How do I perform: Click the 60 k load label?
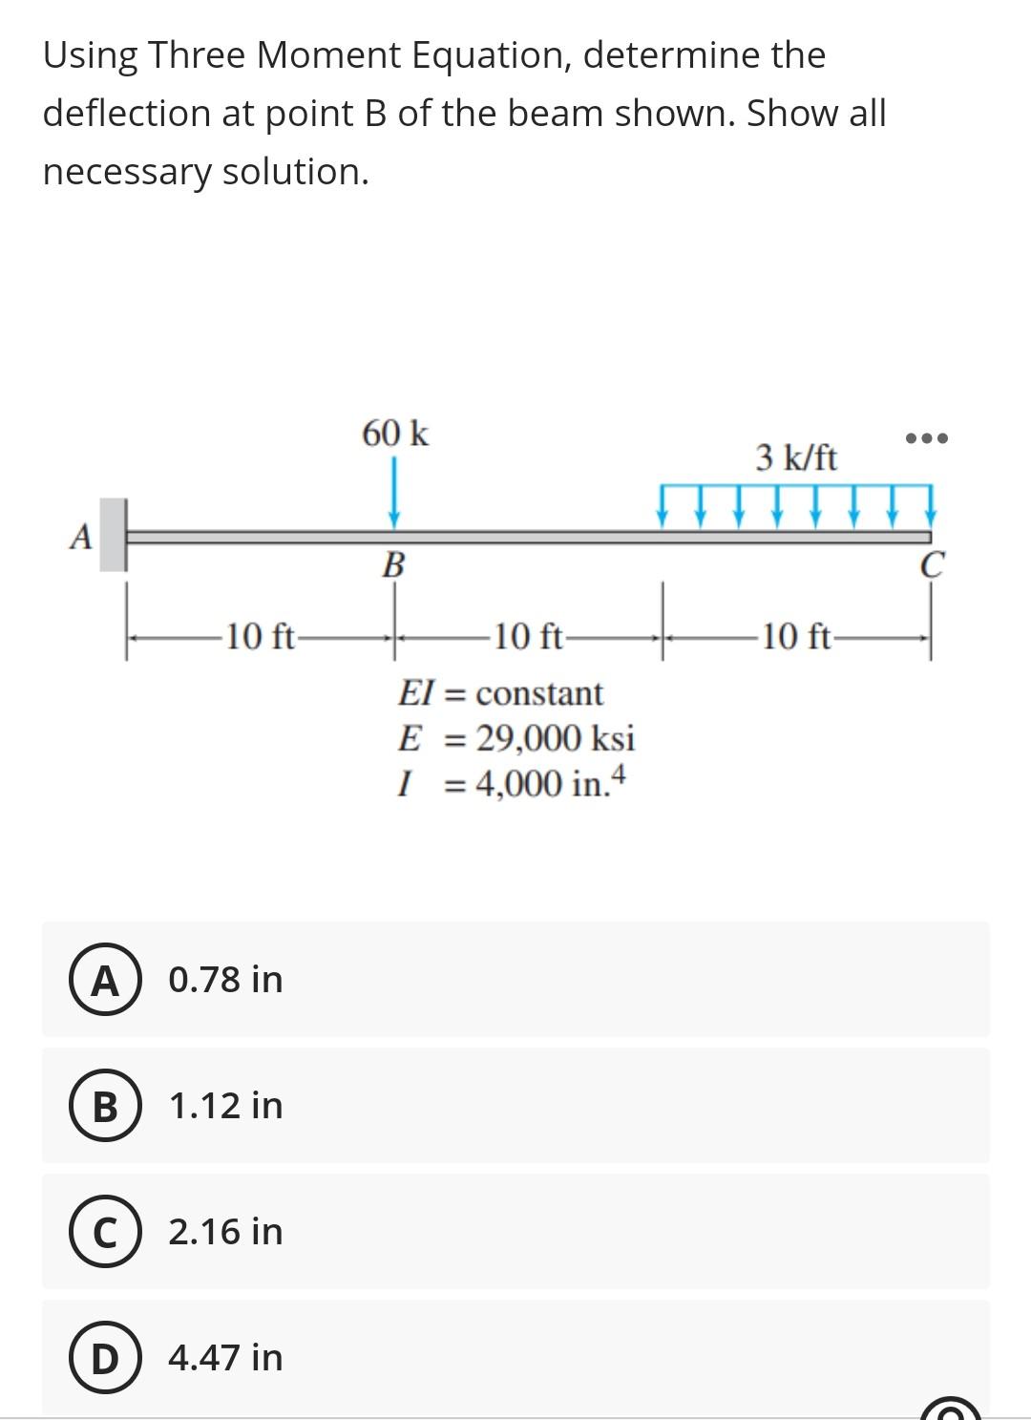[x=395, y=433]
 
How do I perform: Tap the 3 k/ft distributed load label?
[x=796, y=458]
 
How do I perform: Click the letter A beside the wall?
[x=82, y=538]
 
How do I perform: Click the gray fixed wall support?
[x=114, y=535]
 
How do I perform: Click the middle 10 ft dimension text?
[x=527, y=635]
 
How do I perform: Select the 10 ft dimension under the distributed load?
[x=796, y=635]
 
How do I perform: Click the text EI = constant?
[x=500, y=692]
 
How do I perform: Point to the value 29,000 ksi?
[x=555, y=738]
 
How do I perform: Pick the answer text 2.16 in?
[x=225, y=1231]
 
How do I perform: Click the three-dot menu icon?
[x=926, y=439]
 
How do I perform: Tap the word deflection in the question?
[x=127, y=113]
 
